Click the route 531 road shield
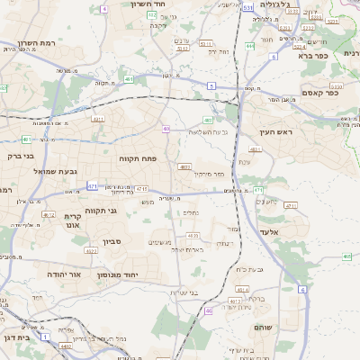coord(247,7)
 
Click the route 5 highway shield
coord(210,85)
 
